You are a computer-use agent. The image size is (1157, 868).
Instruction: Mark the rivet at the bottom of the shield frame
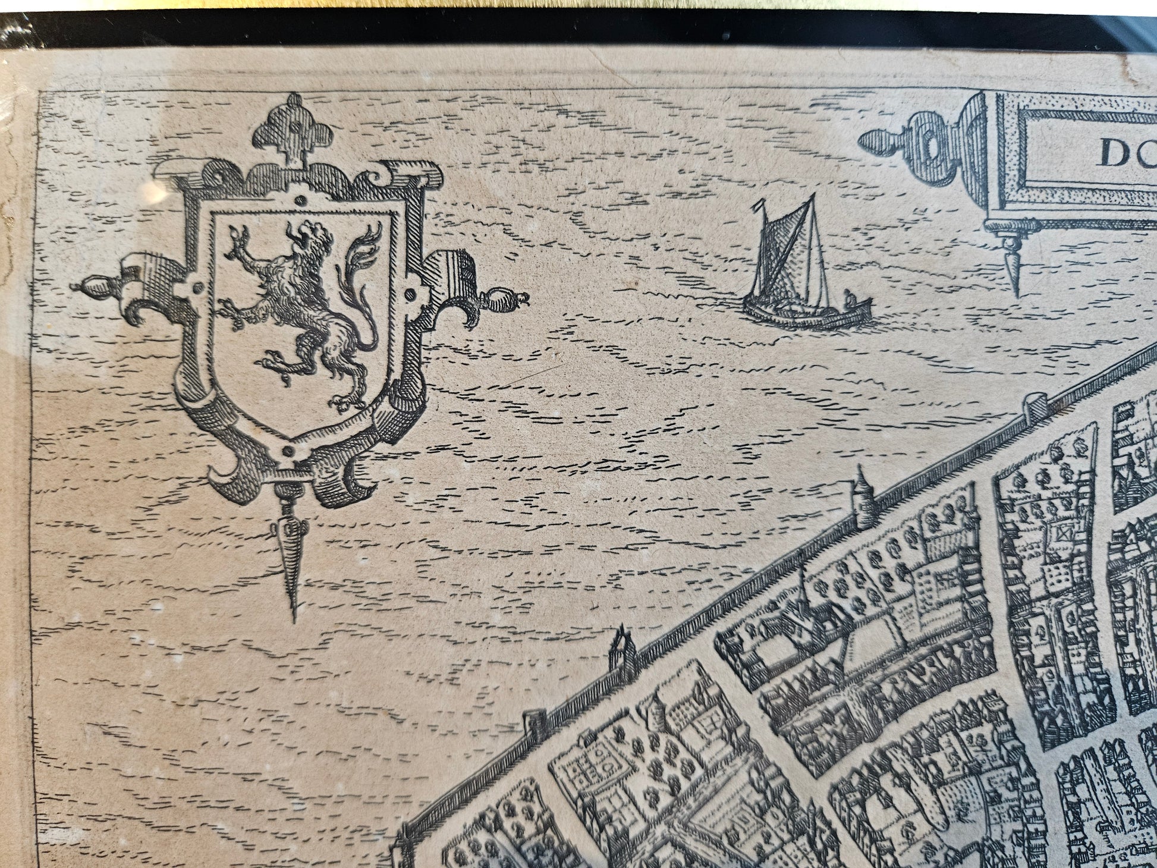click(x=290, y=451)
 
